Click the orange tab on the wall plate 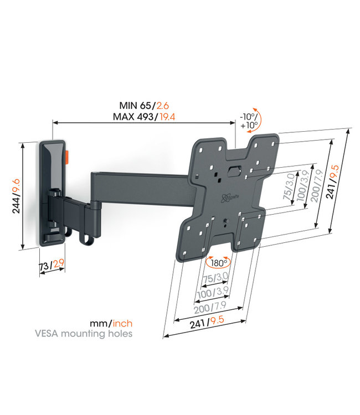click(x=67, y=157)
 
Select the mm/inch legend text click(x=110, y=323)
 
